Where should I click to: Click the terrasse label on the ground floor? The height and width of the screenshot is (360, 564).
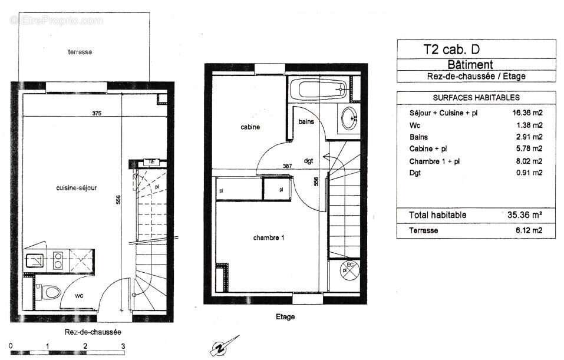[80, 52]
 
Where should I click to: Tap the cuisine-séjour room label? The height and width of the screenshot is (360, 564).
[76, 188]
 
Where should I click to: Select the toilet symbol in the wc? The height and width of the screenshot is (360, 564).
[50, 292]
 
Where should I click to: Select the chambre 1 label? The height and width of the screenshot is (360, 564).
[269, 238]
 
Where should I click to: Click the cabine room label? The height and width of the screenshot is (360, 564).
[250, 127]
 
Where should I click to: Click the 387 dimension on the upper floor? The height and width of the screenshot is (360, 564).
[288, 166]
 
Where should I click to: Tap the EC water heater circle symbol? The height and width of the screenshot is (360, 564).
[348, 269]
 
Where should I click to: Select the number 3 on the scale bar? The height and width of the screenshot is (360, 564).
[123, 346]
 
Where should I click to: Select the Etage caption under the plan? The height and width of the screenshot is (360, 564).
[285, 317]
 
